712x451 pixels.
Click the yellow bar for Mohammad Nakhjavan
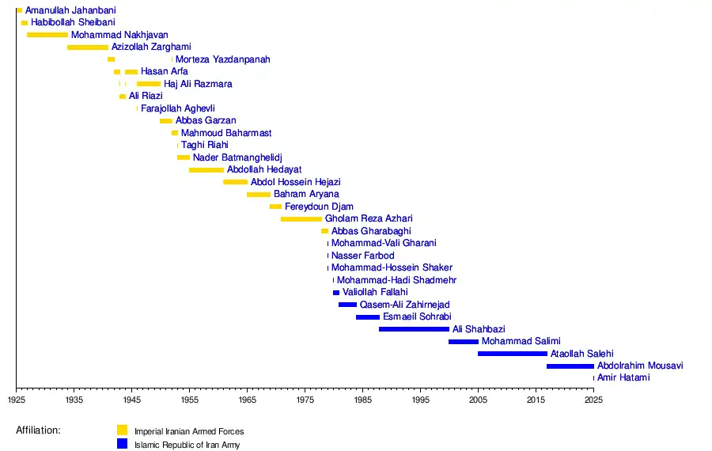click(x=47, y=35)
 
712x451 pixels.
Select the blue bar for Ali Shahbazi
click(x=414, y=329)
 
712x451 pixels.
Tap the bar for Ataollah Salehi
click(x=512, y=354)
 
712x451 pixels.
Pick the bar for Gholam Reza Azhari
click(x=301, y=219)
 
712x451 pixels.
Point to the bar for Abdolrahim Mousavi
click(x=570, y=366)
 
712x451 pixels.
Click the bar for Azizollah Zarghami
click(x=88, y=47)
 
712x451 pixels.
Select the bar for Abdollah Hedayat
click(x=206, y=170)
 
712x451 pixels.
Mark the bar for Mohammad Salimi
click(x=463, y=342)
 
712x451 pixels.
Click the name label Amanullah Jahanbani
click(x=70, y=10)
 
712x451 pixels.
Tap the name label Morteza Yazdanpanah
click(x=222, y=59)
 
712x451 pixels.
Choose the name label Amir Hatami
click(x=623, y=378)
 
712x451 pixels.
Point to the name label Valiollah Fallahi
click(x=375, y=293)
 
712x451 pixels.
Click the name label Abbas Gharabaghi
click(x=371, y=231)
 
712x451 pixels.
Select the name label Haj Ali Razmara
click(x=198, y=84)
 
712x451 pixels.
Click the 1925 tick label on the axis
click(x=16, y=401)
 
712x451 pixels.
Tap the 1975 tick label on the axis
click(x=305, y=401)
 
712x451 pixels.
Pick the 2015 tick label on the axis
click(x=536, y=401)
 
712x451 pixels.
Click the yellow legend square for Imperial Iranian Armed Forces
click(x=122, y=430)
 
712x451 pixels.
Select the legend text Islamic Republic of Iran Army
click(x=187, y=445)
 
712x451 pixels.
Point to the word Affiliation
click(x=38, y=430)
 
